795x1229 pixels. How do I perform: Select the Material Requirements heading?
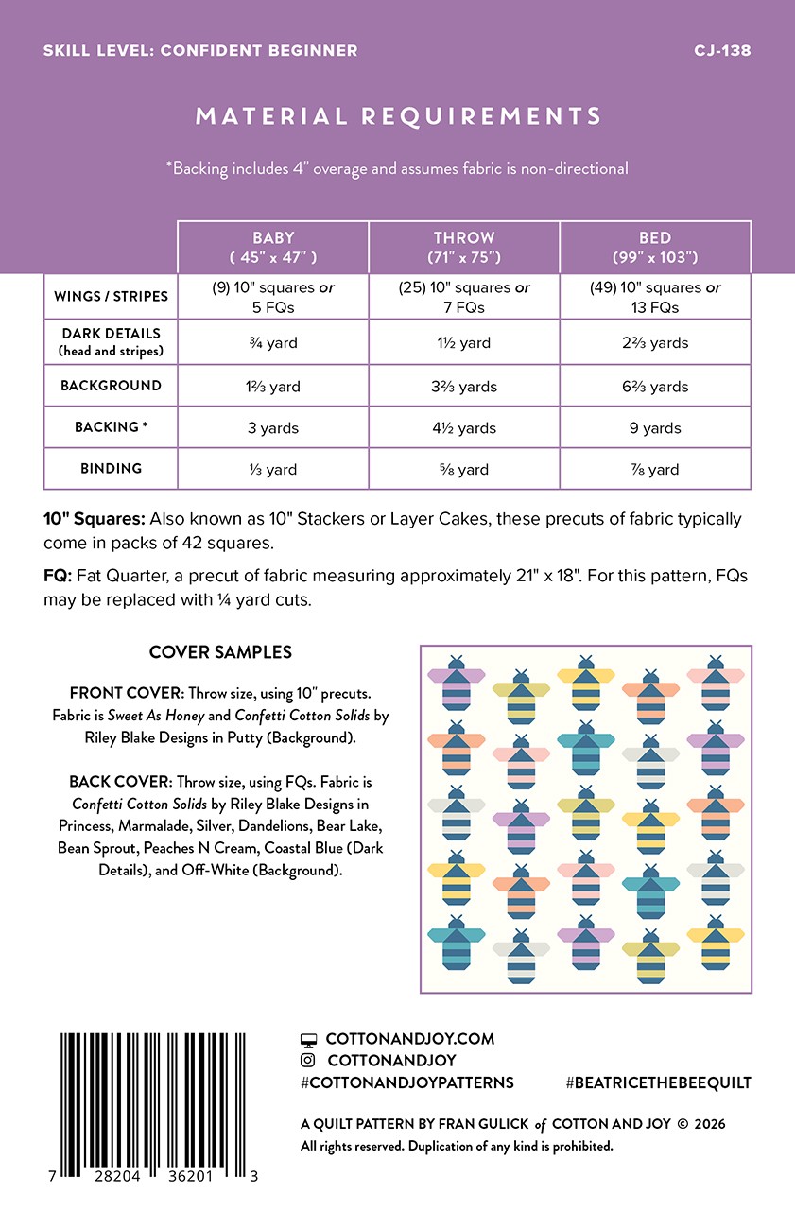(398, 116)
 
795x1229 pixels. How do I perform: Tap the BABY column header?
(273, 247)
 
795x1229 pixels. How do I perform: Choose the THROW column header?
(464, 247)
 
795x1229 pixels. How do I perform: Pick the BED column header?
(655, 247)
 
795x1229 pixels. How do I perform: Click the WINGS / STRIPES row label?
(111, 296)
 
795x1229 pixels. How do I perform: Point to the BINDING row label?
(111, 468)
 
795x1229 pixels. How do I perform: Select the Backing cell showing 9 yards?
(655, 428)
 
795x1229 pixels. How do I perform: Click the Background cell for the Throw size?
(464, 387)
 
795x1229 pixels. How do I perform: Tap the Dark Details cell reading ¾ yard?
(273, 343)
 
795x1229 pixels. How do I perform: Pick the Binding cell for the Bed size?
(655, 470)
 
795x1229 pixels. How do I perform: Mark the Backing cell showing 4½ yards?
(464, 428)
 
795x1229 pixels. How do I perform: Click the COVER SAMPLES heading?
(220, 652)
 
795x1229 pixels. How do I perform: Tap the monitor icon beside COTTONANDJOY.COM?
(308, 1039)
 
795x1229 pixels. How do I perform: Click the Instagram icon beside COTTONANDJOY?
(308, 1061)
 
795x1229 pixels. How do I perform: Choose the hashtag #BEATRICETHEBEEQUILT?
(658, 1082)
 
